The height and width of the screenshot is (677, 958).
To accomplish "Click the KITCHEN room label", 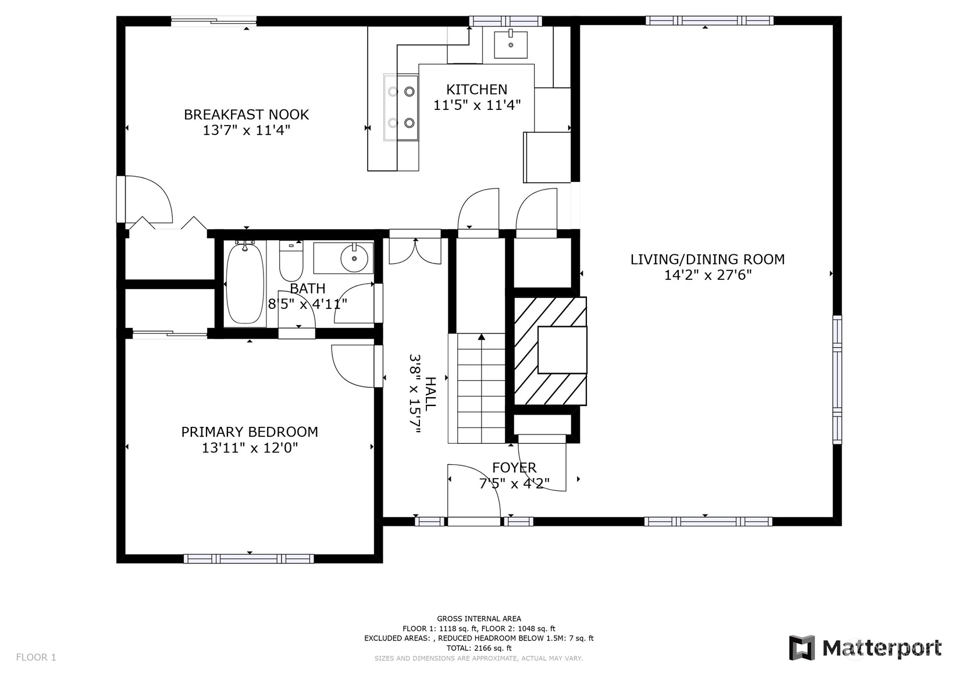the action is (476, 90).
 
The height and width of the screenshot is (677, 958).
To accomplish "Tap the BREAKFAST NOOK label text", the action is (247, 115).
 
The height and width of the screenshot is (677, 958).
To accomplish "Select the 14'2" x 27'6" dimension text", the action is (708, 275).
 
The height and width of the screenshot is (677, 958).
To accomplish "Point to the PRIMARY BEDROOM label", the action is (250, 432).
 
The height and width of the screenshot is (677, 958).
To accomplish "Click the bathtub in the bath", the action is (244, 284).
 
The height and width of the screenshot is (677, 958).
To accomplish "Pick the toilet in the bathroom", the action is (291, 260).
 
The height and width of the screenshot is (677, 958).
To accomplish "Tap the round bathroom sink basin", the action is (354, 258).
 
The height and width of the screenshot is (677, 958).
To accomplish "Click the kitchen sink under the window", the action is (511, 44).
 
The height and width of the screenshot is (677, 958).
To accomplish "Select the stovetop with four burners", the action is (401, 108).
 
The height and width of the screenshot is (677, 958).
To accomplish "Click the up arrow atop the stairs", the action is (482, 337).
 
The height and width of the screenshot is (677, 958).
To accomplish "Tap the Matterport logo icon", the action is (802, 647).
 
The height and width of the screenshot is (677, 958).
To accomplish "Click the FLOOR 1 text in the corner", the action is (36, 657).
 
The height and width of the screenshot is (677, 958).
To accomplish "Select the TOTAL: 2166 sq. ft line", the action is (479, 648).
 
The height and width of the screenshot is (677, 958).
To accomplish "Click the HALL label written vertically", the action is (430, 393).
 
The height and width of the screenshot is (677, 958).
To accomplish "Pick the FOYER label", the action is (514, 468).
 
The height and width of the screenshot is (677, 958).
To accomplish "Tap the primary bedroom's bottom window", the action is (249, 558).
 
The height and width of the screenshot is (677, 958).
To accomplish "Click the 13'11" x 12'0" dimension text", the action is (250, 448).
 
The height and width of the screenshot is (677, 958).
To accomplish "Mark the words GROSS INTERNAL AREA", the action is (479, 618).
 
